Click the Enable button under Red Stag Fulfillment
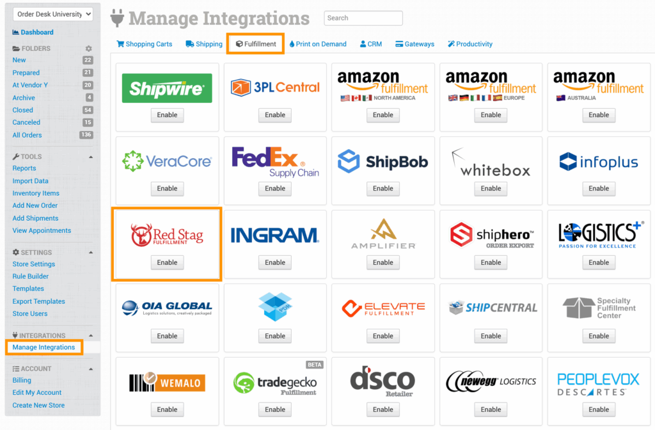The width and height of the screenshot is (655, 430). point(167,262)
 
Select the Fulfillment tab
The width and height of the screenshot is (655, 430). point(256,44)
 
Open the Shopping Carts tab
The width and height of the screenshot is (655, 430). point(145,44)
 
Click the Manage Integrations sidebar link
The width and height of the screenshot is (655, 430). point(43,347)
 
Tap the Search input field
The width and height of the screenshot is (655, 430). point(363,18)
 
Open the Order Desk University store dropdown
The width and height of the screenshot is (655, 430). point(53,14)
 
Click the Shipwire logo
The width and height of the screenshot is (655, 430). point(167,88)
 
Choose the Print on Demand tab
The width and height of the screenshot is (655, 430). point(317,44)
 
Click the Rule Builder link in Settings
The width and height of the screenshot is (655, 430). point(31,276)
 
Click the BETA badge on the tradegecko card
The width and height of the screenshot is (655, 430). point(315,365)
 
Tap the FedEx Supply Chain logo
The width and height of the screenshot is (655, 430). point(275,162)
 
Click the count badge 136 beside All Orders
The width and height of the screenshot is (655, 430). point(86,135)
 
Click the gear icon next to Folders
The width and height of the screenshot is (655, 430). point(89,49)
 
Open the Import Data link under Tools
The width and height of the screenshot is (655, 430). point(30,181)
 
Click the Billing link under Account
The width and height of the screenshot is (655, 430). point(22,380)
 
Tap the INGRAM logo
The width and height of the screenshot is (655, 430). point(275,235)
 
